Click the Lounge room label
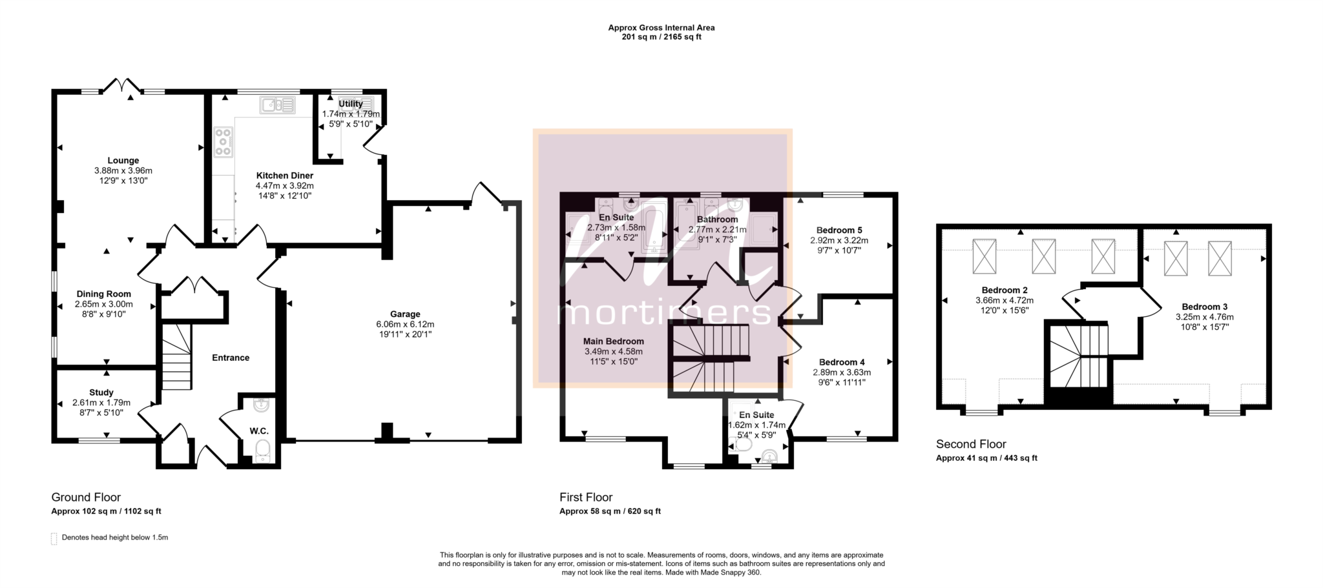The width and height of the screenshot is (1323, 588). tap(123, 161)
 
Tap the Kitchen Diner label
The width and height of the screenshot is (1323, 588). tap(285, 176)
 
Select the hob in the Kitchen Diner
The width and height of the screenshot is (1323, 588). tap(224, 142)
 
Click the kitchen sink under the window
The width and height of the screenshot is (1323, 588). tap(278, 105)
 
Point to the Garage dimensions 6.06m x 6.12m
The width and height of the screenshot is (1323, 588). tap(405, 325)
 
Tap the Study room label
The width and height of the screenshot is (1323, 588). tap(101, 392)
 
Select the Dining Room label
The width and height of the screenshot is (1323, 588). tap(104, 294)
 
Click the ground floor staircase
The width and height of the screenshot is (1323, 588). tap(176, 357)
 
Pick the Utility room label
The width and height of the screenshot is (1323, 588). tap(351, 104)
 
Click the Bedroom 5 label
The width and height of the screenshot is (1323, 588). tap(839, 230)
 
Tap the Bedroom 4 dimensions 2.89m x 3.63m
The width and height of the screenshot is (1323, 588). tap(842, 372)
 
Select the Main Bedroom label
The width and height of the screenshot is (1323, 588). tap(614, 341)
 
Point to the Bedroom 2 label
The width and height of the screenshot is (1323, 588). tap(1005, 290)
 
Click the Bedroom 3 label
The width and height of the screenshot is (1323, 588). tap(1205, 307)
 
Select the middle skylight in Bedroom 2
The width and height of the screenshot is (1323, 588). tap(1043, 256)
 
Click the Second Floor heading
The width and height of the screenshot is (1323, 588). tap(971, 444)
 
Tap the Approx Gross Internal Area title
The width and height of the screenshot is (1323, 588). tap(661, 28)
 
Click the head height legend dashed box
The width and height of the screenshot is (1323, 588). tap(54, 538)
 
